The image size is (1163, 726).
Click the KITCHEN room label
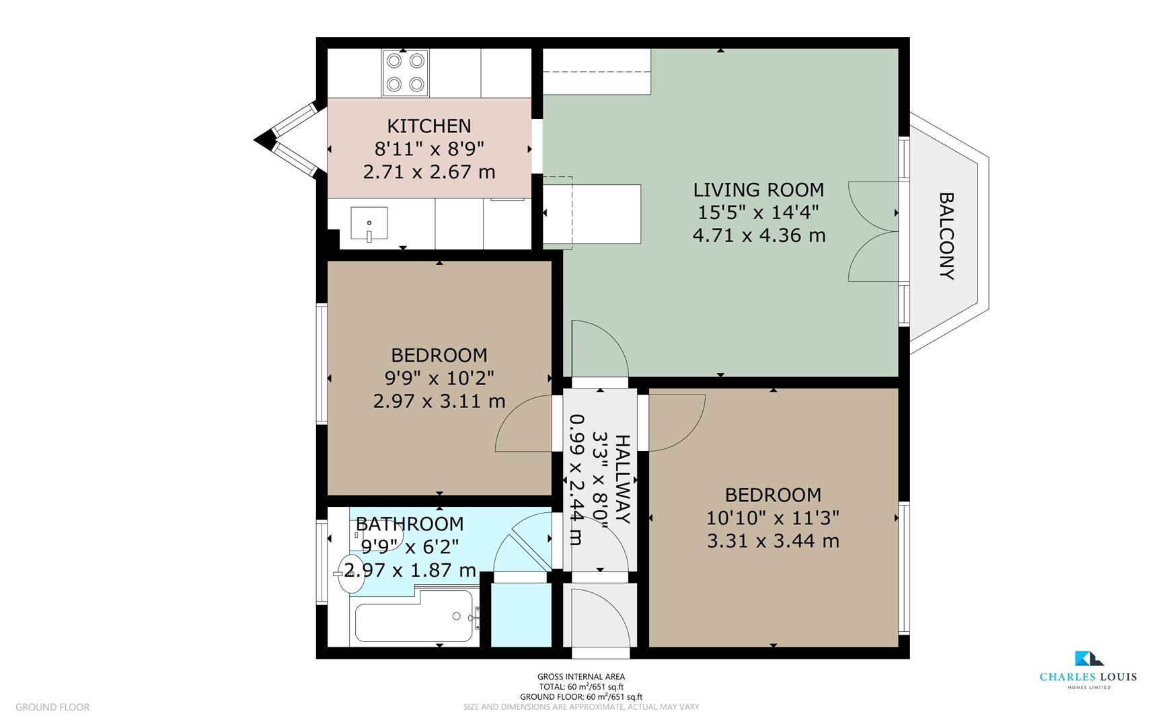tap(429, 126)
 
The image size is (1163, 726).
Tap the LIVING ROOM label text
tap(758, 190)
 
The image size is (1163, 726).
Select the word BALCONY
tap(946, 236)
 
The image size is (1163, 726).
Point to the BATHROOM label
tap(410, 524)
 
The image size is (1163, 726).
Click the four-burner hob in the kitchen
tap(406, 73)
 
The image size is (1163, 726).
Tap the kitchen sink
tap(369, 224)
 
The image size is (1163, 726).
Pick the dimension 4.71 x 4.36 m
tap(758, 235)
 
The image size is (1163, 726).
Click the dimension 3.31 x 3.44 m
tap(773, 540)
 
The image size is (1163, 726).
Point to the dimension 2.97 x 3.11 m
tap(439, 401)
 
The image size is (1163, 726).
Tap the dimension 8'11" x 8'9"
tap(429, 149)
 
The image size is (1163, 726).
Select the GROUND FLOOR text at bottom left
tap(52, 707)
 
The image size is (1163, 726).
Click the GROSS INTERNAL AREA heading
tap(580, 677)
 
